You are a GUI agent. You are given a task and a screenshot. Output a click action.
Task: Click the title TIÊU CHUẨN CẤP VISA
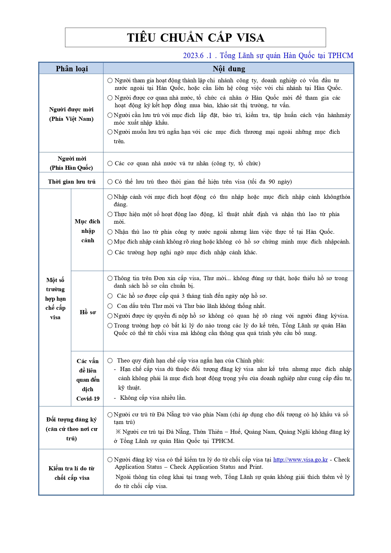pos(195,38)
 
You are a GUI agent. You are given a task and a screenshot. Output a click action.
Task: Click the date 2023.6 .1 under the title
pos(197,56)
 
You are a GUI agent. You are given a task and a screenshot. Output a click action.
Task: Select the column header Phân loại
pos(72,68)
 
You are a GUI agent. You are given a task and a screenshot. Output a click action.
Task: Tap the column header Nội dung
pos(229,68)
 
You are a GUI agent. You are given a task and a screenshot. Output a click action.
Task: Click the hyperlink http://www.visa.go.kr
pos(300,460)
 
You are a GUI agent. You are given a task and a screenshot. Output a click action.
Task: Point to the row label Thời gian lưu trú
pos(72,182)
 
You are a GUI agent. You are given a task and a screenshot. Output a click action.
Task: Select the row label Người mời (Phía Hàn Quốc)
pos(72,163)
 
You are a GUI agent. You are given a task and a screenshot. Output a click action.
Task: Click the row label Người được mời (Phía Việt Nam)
pos(72,114)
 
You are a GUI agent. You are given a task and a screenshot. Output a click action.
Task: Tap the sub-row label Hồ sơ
pos(88,312)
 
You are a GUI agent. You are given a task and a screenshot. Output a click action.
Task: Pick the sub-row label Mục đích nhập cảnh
pos(88,231)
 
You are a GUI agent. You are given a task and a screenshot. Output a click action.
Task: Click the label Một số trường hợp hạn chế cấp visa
pos(55,298)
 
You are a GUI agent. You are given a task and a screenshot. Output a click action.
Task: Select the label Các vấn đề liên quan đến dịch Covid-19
pos(88,380)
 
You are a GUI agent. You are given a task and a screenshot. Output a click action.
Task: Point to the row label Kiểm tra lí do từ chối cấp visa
pos(72,473)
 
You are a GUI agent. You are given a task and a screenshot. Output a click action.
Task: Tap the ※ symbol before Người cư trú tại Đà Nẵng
pos(118,432)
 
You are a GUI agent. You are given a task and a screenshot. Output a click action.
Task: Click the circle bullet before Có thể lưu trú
pos(110,182)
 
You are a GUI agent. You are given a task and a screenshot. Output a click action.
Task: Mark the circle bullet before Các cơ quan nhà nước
pos(110,163)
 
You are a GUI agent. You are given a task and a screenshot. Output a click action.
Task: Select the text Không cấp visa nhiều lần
pos(153,398)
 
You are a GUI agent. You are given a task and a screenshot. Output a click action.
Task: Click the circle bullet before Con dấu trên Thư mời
pos(110,306)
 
